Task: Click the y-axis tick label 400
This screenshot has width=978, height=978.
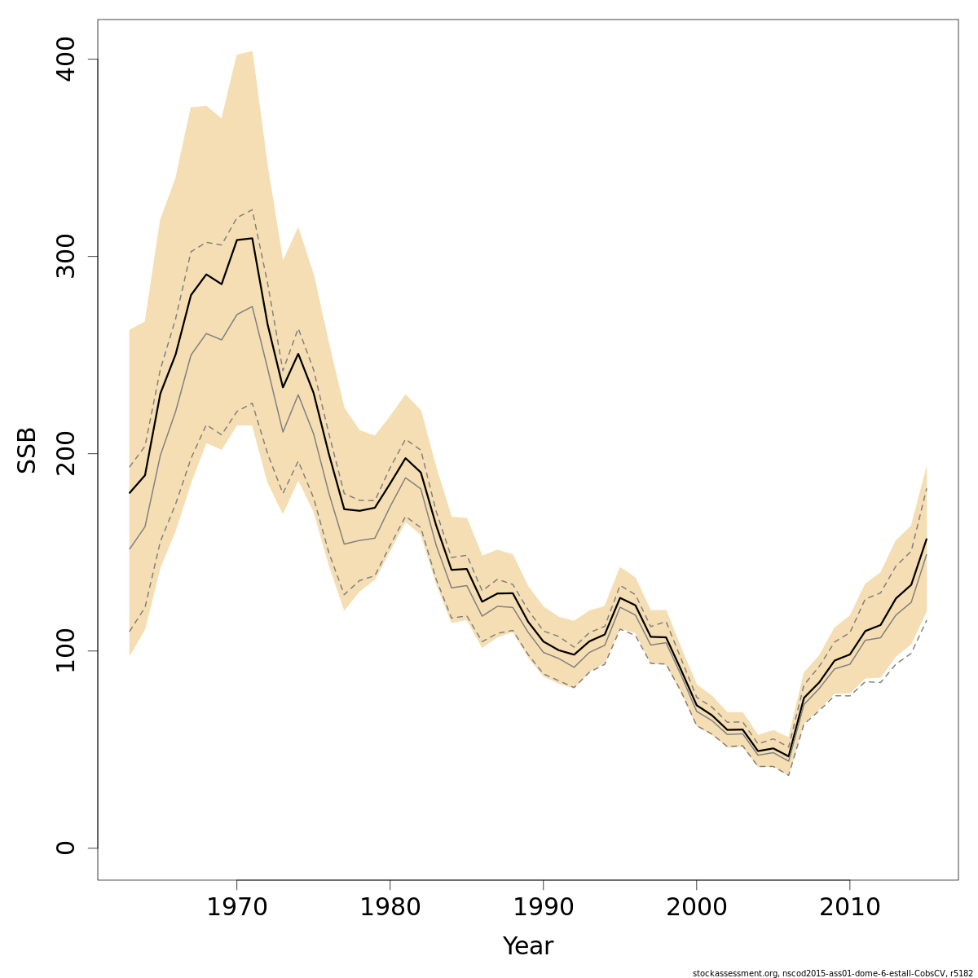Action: click(65, 59)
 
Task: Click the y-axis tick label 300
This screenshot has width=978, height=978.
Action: click(65, 257)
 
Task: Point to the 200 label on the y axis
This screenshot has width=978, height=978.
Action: click(65, 453)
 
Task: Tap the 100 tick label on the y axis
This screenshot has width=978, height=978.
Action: click(65, 650)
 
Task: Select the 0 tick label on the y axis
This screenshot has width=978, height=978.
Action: click(65, 848)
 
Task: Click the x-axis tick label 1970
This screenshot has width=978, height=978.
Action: click(236, 907)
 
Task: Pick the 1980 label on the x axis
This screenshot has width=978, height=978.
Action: click(390, 907)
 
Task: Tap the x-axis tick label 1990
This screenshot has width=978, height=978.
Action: click(543, 907)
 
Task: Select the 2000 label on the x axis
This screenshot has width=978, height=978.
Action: click(696, 907)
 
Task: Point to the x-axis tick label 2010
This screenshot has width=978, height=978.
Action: click(849, 907)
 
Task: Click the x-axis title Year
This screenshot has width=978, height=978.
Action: click(527, 946)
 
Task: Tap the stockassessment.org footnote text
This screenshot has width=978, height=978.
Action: click(832, 973)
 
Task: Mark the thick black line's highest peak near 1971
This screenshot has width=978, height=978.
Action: click(252, 239)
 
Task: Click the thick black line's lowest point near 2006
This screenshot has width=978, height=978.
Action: click(788, 758)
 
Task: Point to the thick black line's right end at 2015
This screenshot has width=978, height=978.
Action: click(927, 539)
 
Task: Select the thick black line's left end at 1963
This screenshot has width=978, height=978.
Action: click(130, 493)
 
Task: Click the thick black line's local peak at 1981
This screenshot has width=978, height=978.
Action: click(405, 458)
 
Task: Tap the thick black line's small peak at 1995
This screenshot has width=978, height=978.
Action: click(620, 597)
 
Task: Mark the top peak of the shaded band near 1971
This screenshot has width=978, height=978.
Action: click(252, 51)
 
